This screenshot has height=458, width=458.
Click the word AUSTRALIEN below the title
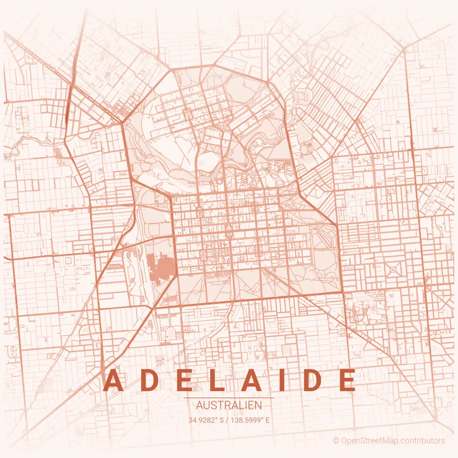coord(229,405)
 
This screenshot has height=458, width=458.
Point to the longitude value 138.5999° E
coord(251,420)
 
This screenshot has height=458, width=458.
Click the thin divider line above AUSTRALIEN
coord(229,398)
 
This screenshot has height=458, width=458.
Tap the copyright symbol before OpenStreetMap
coord(336,441)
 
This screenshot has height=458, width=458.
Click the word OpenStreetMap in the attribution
coord(370,441)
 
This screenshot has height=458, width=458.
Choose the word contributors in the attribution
coord(423,441)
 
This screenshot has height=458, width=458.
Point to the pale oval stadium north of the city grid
coord(208,161)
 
